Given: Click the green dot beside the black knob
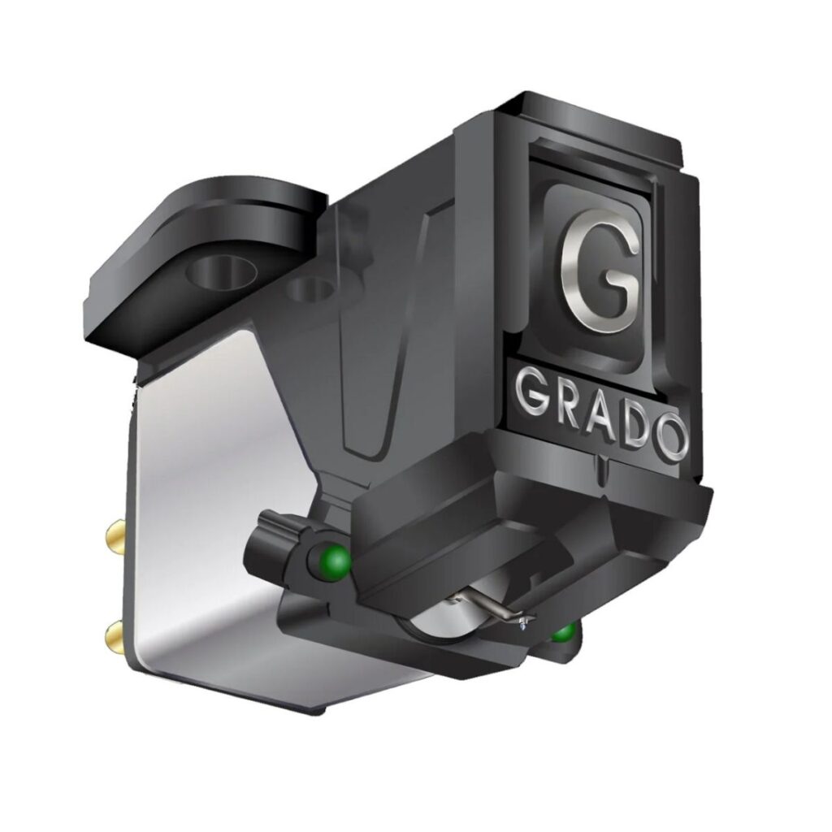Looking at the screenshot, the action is tap(336, 560).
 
